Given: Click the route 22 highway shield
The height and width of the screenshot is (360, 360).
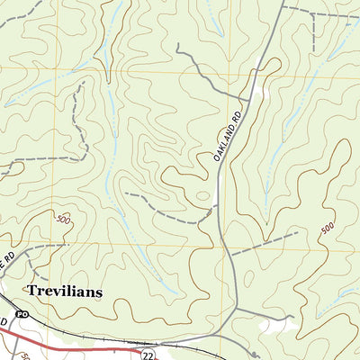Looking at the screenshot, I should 146,355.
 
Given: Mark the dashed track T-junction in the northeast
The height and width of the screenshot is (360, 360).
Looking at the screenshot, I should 310,13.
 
